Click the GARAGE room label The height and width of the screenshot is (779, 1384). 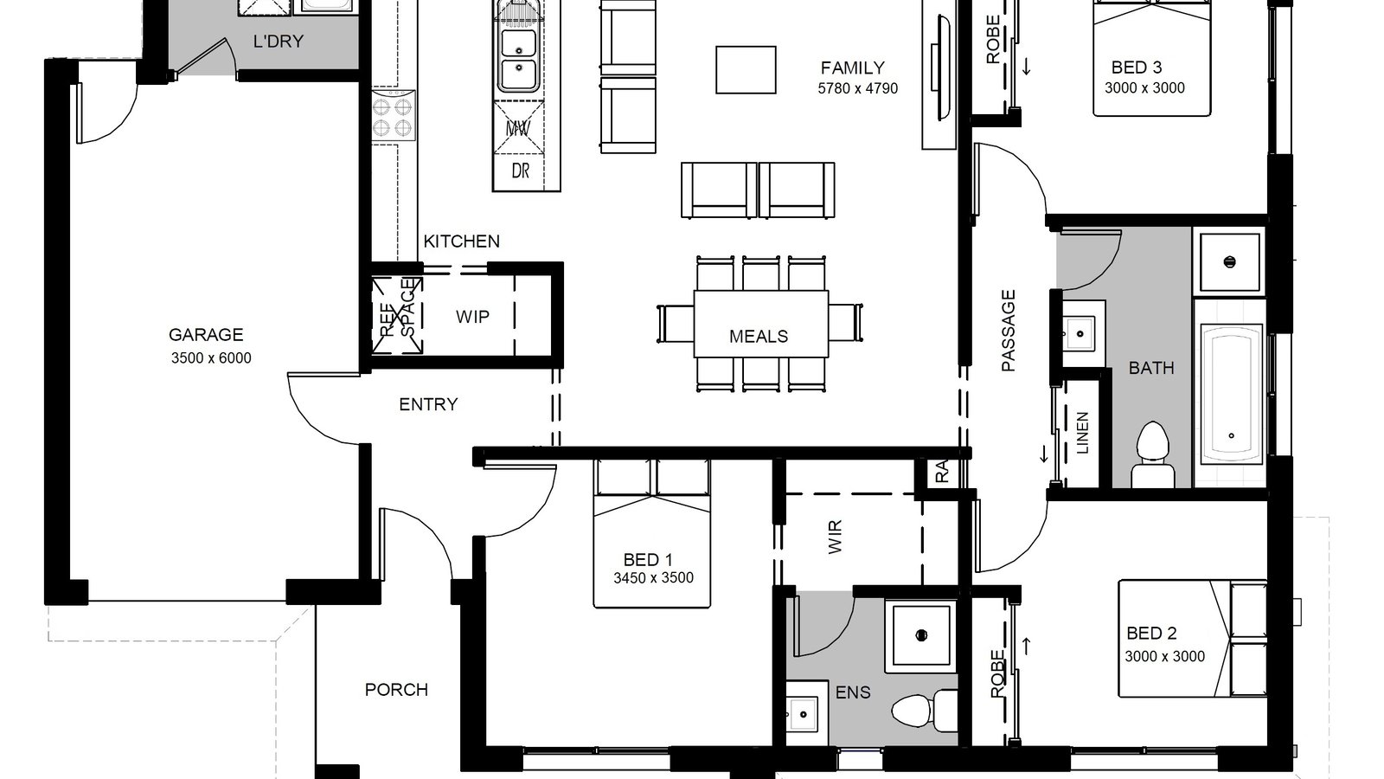click(206, 334)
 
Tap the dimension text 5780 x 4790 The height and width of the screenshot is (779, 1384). click(857, 88)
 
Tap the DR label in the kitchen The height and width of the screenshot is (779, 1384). click(520, 171)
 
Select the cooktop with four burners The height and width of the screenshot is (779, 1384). click(394, 117)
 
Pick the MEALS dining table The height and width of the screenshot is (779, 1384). click(760, 323)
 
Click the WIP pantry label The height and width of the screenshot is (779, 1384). click(472, 317)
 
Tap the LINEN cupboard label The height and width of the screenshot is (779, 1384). click(1082, 433)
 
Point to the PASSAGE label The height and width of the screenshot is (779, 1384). click(1009, 332)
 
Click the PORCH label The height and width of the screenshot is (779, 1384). click(396, 690)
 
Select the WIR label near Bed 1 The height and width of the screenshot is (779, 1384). click(835, 537)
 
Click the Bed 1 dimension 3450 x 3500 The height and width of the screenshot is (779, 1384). click(653, 578)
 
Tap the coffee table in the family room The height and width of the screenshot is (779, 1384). click(746, 69)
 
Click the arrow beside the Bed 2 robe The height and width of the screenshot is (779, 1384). click(1027, 645)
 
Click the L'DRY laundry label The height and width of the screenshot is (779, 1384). click(278, 41)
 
